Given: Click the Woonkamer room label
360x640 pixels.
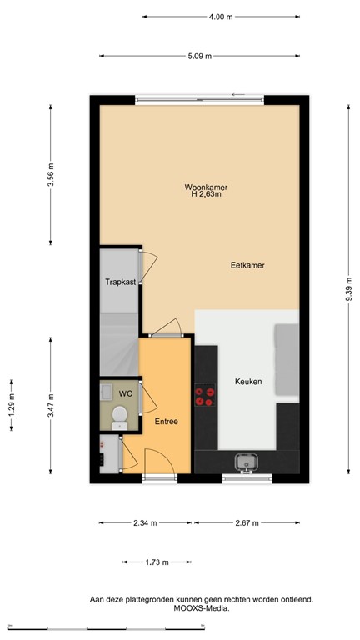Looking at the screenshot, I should [x=206, y=187].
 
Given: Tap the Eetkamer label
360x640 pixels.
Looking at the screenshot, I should [x=247, y=265].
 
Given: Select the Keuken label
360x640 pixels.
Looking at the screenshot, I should [x=247, y=382].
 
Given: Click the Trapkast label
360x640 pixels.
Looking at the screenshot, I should [x=120, y=282].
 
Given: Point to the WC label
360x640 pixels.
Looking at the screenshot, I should [x=126, y=392].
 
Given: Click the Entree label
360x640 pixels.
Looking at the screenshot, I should [x=166, y=422].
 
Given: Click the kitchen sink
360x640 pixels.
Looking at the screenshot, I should [x=247, y=461].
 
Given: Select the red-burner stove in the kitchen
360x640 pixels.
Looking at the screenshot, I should [x=203, y=398].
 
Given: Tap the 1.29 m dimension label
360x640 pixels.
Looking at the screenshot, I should [x=11, y=403].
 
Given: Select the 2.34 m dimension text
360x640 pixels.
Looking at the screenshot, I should [x=146, y=523].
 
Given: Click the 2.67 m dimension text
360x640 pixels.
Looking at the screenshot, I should [x=247, y=523].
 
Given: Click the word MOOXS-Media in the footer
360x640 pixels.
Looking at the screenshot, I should [x=202, y=608].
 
